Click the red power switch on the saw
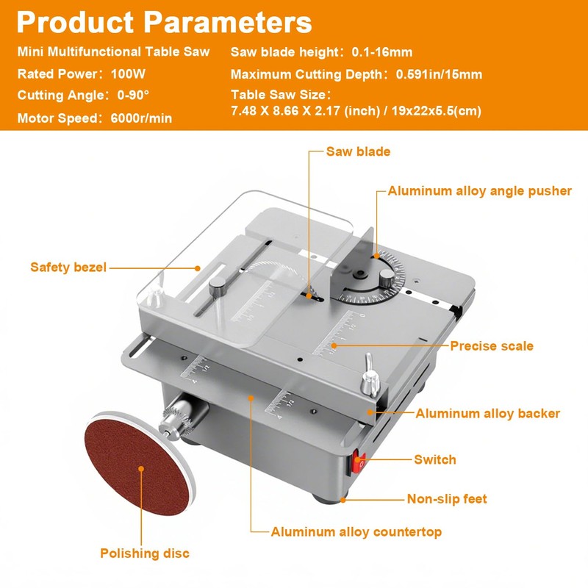[360, 463]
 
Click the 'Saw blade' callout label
[358, 151]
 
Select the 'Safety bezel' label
[68, 267]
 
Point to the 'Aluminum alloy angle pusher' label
[479, 191]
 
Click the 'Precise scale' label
[492, 345]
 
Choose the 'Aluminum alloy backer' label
[488, 413]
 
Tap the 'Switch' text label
[435, 459]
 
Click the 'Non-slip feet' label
[447, 499]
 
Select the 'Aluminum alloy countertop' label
[356, 531]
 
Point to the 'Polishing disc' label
[145, 553]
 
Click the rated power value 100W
[129, 74]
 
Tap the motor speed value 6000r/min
[141, 118]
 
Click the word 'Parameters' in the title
[228, 22]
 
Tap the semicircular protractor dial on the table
[369, 284]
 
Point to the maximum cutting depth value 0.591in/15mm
[439, 74]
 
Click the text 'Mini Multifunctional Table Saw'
[113, 52]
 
